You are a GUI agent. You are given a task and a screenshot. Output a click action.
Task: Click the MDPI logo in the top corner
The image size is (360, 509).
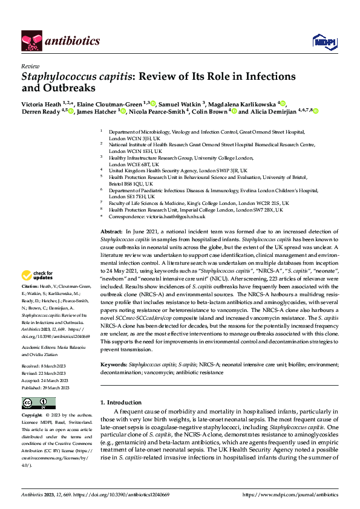pos(321,41)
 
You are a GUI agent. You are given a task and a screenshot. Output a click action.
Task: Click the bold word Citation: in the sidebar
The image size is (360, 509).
pos(30,285)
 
